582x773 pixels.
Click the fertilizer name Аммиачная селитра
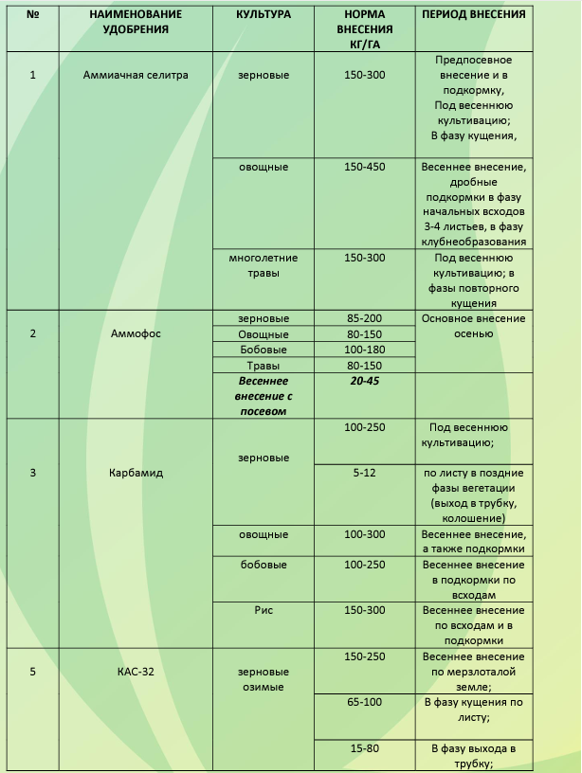click(136, 75)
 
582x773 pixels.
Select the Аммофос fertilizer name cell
click(136, 333)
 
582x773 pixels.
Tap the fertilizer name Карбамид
click(136, 473)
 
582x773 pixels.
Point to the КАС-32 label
click(136, 672)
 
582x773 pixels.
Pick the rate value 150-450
click(364, 167)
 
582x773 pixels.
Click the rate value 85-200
click(364, 318)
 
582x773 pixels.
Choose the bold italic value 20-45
click(364, 380)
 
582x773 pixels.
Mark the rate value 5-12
click(364, 473)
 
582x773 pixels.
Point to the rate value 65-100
click(364, 702)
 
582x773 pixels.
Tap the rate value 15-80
click(364, 748)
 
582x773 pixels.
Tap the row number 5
click(33, 672)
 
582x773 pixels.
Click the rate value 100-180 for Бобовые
click(364, 350)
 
